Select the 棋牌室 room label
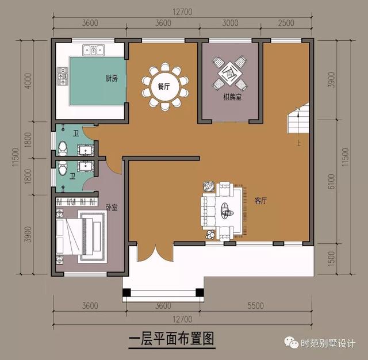point(232,97)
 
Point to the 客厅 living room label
point(261,201)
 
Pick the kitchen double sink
point(92,51)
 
